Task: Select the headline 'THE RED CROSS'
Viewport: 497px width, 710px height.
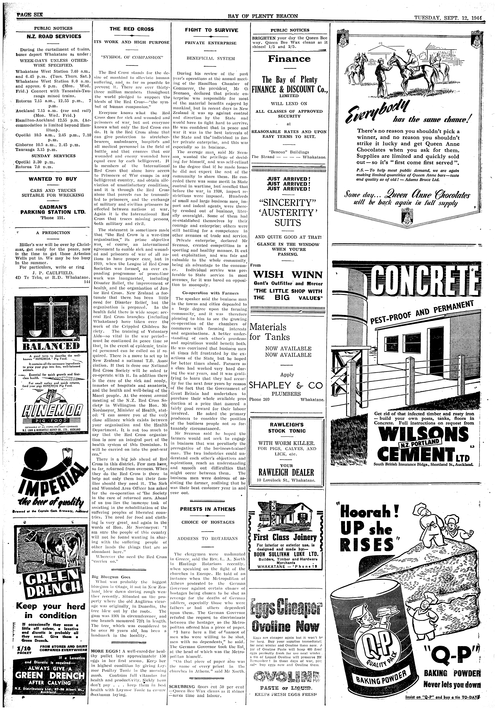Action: [x=131, y=29]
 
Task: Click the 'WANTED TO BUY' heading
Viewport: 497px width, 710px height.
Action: [x=53, y=179]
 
